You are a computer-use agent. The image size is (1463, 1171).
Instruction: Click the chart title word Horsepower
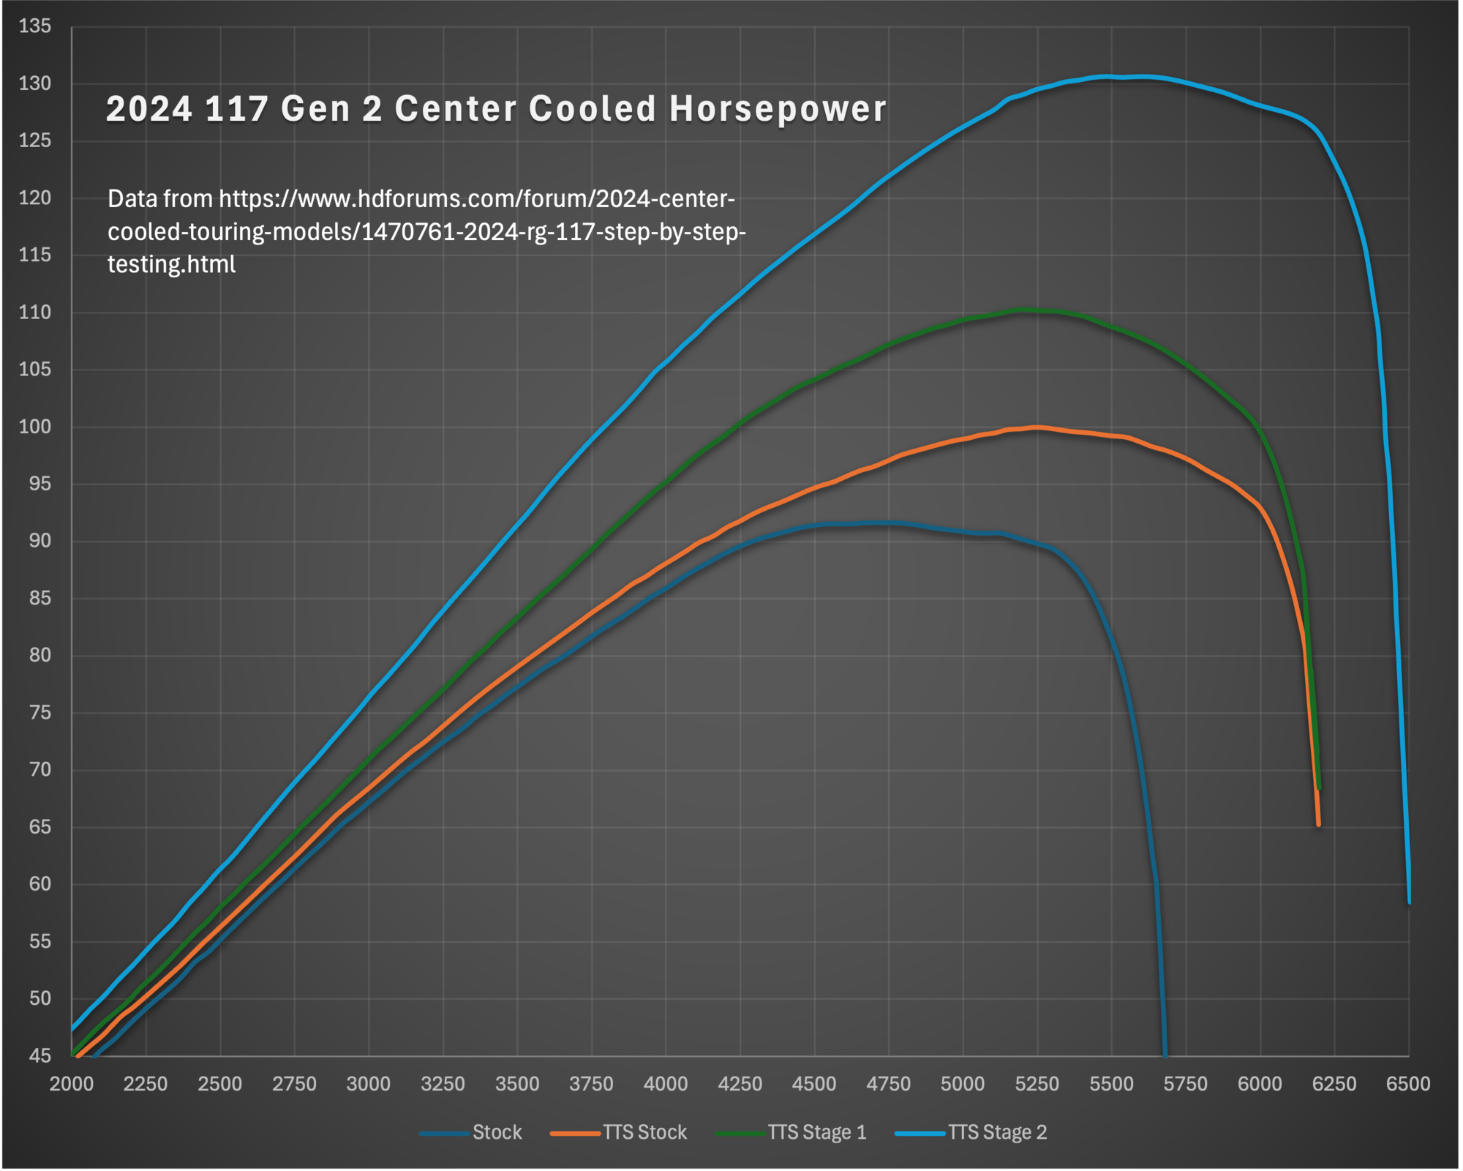click(778, 109)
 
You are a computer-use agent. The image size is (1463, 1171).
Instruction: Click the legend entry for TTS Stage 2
click(998, 1132)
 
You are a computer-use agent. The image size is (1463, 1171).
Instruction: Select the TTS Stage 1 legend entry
click(816, 1132)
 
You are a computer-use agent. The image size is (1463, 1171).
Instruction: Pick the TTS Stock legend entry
click(644, 1132)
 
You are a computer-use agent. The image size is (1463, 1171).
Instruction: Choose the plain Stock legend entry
click(497, 1132)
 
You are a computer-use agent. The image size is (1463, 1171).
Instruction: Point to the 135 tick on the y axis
click(35, 26)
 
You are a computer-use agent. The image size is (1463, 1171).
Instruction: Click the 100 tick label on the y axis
click(35, 427)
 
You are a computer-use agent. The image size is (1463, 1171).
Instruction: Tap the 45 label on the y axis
click(40, 1055)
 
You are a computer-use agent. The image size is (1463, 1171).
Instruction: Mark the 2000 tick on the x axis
click(71, 1084)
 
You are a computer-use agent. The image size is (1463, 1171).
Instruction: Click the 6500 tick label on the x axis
click(1408, 1084)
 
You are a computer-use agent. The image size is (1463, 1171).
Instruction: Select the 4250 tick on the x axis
click(740, 1084)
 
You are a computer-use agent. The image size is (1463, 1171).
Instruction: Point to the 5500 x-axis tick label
click(1111, 1084)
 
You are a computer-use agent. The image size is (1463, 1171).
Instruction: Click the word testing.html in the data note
click(171, 264)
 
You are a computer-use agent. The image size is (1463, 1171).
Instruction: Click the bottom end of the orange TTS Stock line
click(1318, 824)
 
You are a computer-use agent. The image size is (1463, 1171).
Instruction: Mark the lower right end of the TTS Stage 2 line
click(1409, 902)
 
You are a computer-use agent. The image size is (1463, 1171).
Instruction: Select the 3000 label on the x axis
click(368, 1084)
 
